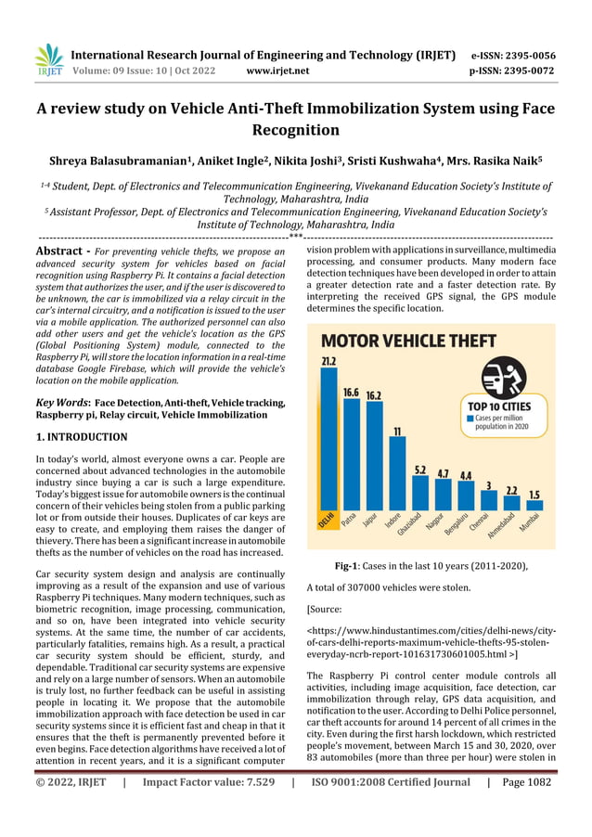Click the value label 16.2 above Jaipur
pos(374,394)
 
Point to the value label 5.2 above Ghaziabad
pos(420,470)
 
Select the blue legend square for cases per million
pos(470,418)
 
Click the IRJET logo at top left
pos(48,58)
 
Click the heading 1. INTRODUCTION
pos(81,436)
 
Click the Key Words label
pos(60,403)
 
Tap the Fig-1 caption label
pos(351,566)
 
